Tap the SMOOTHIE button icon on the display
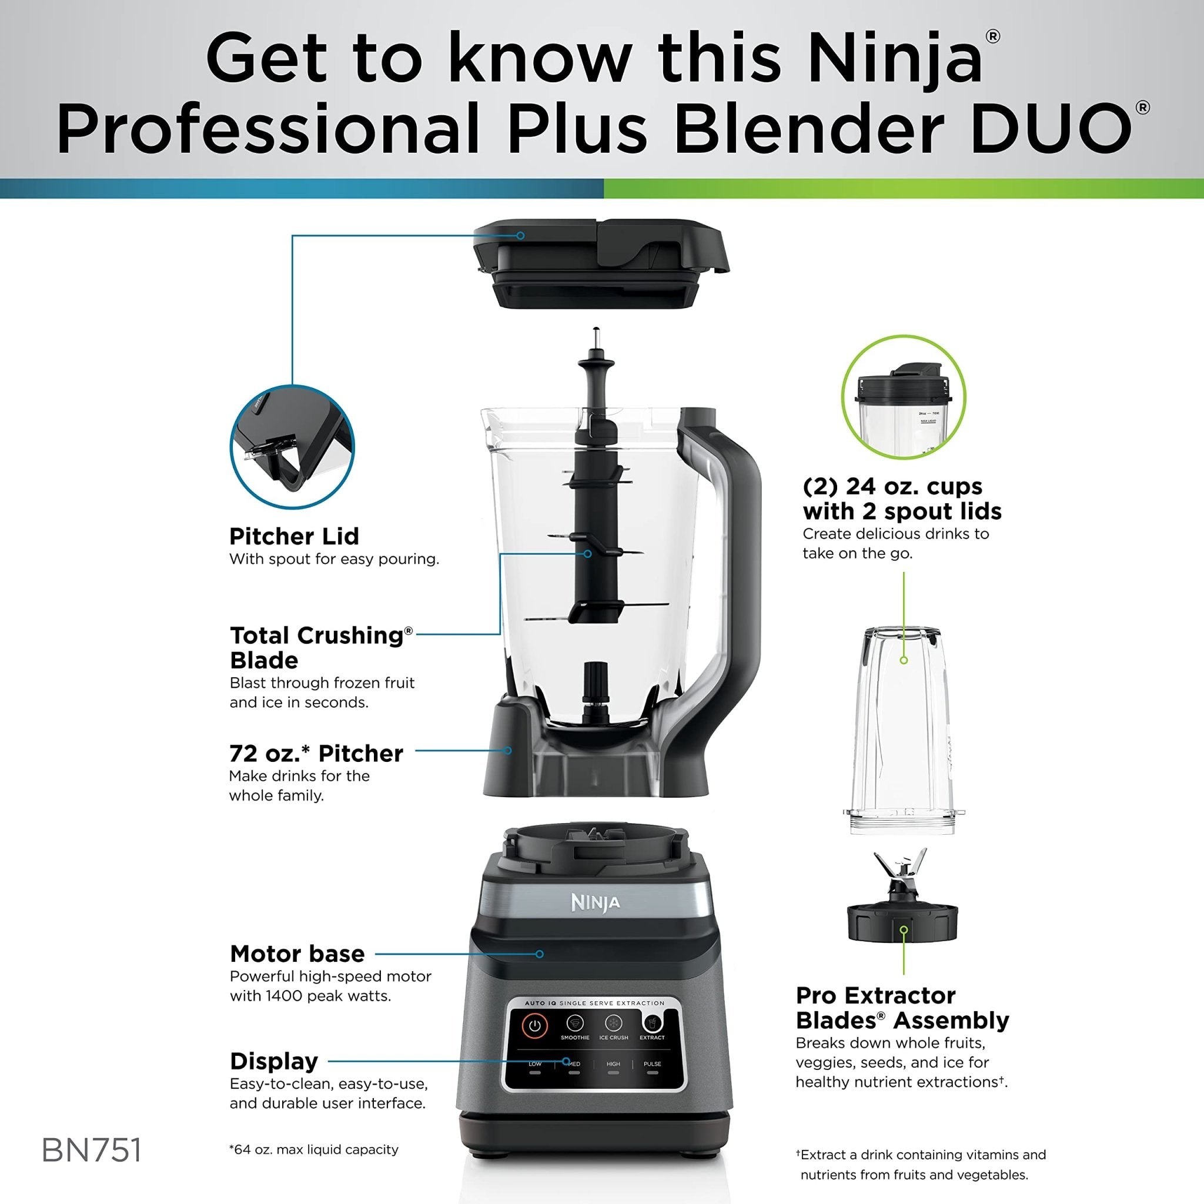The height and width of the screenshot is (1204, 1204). (574, 1024)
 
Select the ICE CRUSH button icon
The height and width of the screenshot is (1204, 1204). (614, 1024)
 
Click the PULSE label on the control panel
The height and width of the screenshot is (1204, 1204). (653, 1063)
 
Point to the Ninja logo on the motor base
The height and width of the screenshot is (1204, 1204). (596, 903)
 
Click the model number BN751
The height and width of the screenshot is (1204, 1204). (92, 1150)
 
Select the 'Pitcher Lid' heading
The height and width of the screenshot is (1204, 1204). (294, 536)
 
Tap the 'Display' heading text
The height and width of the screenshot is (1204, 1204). (274, 1061)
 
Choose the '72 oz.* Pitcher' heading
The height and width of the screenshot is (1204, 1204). (316, 754)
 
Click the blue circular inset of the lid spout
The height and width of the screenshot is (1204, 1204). (292, 446)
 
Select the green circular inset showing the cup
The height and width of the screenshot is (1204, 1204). (903, 397)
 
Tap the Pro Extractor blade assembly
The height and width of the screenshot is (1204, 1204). (901, 907)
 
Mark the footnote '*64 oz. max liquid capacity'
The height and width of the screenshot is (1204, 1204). (313, 1149)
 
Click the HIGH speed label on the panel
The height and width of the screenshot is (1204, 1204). (613, 1063)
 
